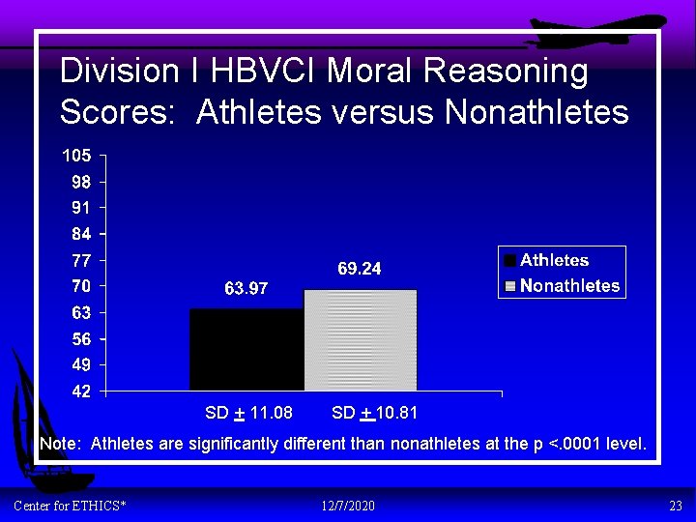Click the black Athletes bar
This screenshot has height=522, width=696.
click(246, 349)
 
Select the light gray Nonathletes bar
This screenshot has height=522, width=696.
click(360, 339)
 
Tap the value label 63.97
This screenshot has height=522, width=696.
click(246, 288)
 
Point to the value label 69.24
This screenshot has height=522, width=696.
click(360, 270)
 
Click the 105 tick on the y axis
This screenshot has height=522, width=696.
click(77, 156)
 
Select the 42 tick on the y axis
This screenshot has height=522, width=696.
click(81, 391)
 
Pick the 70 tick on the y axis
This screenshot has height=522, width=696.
click(81, 286)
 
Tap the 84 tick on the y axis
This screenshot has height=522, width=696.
click(81, 234)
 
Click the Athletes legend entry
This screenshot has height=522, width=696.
click(553, 260)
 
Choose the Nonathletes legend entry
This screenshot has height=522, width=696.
click(568, 286)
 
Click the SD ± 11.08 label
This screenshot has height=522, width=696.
click(248, 414)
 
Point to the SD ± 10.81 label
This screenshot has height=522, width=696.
click(374, 414)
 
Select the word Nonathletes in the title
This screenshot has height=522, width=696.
click(536, 112)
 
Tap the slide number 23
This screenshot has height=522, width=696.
click(676, 506)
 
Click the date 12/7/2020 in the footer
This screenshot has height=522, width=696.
click(348, 506)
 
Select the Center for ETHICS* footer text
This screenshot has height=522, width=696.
click(70, 506)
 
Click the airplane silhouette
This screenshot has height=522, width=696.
click(599, 29)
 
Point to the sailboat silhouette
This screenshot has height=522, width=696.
click(39, 425)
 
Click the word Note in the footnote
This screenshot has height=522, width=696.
click(60, 444)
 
